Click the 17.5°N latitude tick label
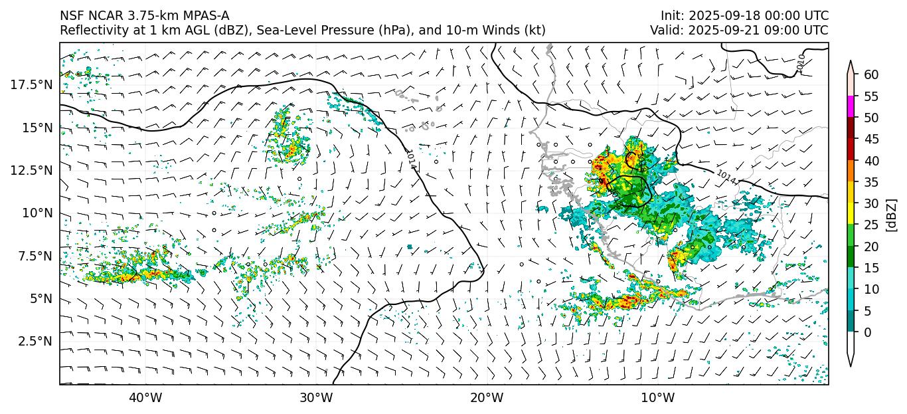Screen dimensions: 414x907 pos(34,84)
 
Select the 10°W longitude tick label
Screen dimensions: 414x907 pos(658,398)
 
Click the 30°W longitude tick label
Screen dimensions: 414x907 pos(315,398)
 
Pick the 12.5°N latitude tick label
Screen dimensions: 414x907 pos(34,170)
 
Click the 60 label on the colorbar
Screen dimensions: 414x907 pos(871,74)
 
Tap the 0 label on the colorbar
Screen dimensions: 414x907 pos(868,332)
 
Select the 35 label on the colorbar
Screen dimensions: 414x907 pos(871,182)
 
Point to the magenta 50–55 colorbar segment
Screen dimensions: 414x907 pos(851,107)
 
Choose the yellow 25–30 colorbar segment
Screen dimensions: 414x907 pos(851,214)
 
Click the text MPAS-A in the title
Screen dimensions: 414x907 pos(206,16)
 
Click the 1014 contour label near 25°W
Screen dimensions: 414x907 pos(412,159)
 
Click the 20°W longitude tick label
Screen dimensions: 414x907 pos(487,398)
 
